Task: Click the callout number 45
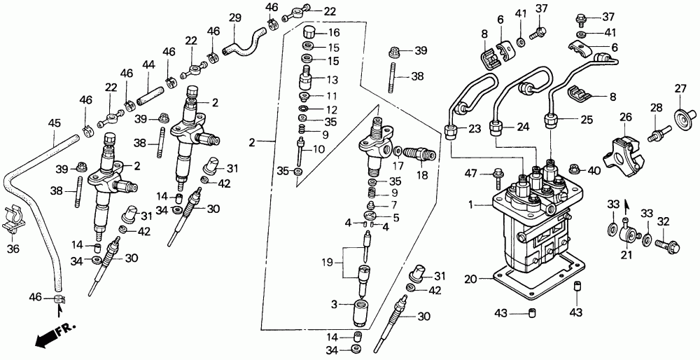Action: point(54,124)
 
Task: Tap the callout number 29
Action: point(235,18)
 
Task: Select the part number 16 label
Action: point(333,33)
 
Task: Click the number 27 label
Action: point(680,88)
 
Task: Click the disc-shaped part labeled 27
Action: point(680,115)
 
